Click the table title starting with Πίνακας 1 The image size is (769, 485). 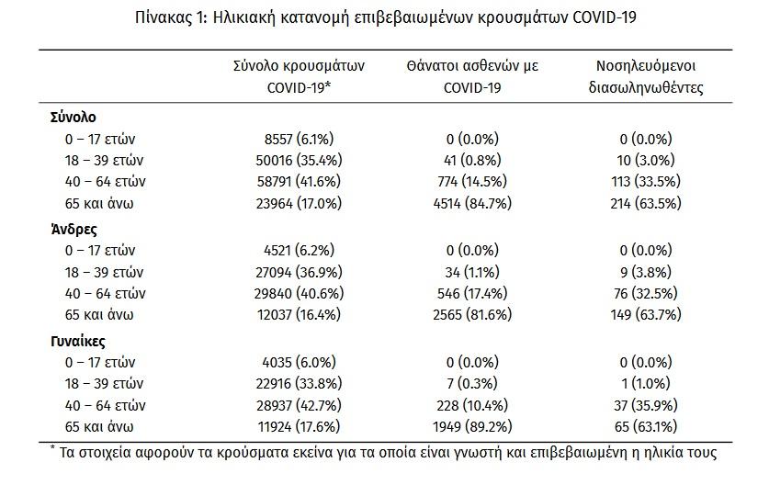point(386,18)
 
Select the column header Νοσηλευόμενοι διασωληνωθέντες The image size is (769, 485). point(646,77)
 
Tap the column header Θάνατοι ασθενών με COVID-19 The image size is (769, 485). point(472,77)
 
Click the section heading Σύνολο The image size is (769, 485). point(74,118)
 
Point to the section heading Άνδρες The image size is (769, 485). point(74,229)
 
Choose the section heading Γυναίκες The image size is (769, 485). point(78,342)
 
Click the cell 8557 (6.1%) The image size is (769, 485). point(299,140)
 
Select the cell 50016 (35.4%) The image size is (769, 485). point(299,161)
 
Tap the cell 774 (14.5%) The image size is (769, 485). point(472,182)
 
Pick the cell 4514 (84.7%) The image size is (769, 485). point(472,203)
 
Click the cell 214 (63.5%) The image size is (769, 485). point(646,203)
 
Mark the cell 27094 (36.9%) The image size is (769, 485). point(299,272)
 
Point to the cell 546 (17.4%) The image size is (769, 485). point(472,293)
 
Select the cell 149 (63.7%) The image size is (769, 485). point(646,314)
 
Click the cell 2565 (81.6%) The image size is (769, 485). point(472,314)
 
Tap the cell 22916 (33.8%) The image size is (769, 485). point(299,383)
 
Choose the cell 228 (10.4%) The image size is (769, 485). point(472,406)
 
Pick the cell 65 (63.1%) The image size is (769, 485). point(646,426)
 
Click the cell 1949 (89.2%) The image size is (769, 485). point(472,426)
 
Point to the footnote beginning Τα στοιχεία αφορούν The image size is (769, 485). point(383,453)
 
